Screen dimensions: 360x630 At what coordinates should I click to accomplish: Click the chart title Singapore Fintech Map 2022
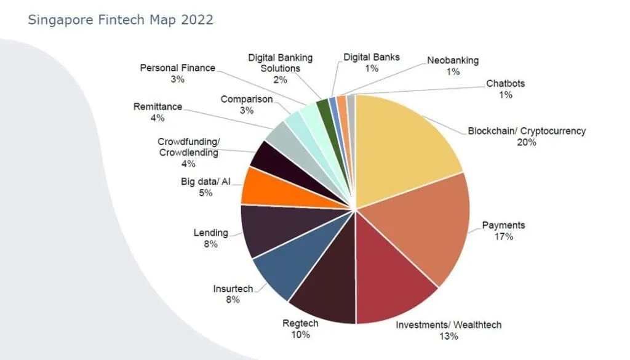point(121,20)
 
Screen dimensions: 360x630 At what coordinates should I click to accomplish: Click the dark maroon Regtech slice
point(323,289)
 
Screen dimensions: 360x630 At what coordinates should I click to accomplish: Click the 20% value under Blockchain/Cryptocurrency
point(527,142)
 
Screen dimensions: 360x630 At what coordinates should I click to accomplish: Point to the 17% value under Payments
point(498,236)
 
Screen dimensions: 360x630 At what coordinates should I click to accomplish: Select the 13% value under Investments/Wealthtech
point(444,336)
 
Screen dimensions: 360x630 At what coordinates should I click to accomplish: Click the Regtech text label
point(300,323)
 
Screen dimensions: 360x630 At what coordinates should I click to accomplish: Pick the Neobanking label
point(453,61)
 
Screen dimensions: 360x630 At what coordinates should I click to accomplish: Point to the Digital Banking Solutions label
point(280,63)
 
